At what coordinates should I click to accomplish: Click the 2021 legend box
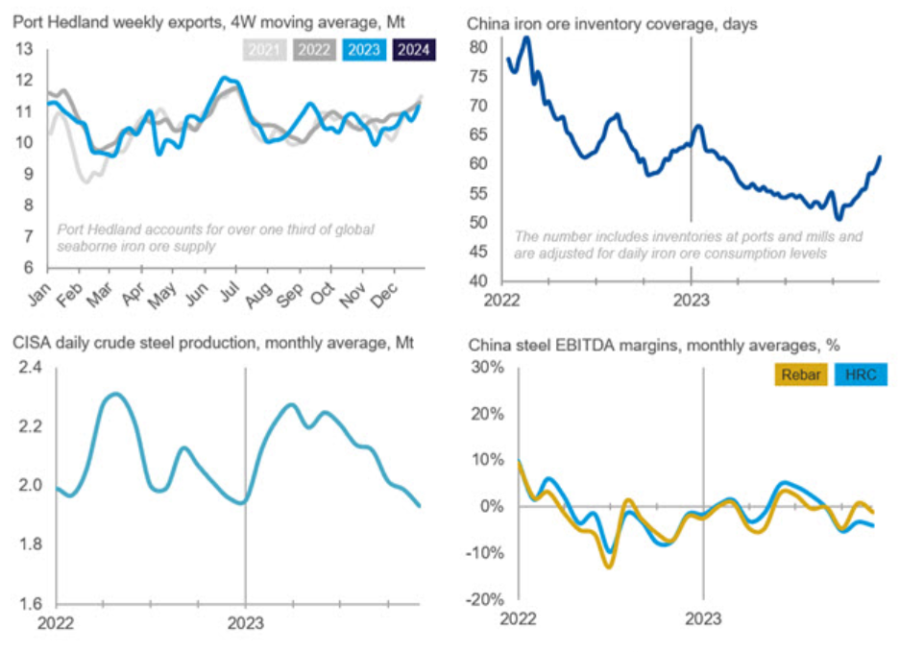pos(263,50)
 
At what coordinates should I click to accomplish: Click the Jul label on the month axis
pos(231,292)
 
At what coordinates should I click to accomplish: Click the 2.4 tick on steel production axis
pos(30,367)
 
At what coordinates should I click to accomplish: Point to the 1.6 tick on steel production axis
pos(30,604)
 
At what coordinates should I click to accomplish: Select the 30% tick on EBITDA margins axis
pos(486,368)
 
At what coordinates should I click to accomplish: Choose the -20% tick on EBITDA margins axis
pos(483,599)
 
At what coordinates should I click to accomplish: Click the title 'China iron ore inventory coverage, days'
pos(612,22)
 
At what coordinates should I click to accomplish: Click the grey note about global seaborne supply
pos(215,237)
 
